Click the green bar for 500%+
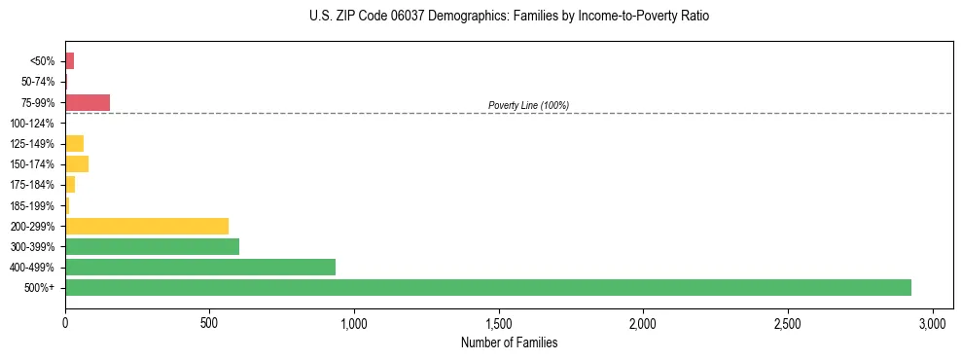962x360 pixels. pyautogui.click(x=487, y=288)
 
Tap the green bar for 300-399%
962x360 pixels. pyautogui.click(x=152, y=247)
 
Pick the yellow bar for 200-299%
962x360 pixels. pyautogui.click(x=147, y=226)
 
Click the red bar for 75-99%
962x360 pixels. pyautogui.click(x=88, y=102)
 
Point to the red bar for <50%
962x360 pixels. pyautogui.click(x=70, y=61)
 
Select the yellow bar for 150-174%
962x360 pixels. pyautogui.click(x=77, y=164)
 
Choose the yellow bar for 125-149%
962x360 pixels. pyautogui.click(x=74, y=144)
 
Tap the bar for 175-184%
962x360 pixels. pyautogui.click(x=70, y=185)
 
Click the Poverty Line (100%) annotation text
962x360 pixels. pyautogui.click(x=528, y=105)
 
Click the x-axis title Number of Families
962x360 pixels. pyautogui.click(x=509, y=343)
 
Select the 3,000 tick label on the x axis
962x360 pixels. pyautogui.click(x=932, y=322)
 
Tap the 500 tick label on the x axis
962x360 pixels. pyautogui.click(x=209, y=322)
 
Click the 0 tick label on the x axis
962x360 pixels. pyautogui.click(x=65, y=322)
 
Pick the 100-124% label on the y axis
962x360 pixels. pyautogui.click(x=32, y=124)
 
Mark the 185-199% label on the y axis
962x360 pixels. pyautogui.click(x=32, y=205)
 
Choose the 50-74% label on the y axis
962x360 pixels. pyautogui.click(x=36, y=82)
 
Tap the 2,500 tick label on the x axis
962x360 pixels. pyautogui.click(x=788, y=322)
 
